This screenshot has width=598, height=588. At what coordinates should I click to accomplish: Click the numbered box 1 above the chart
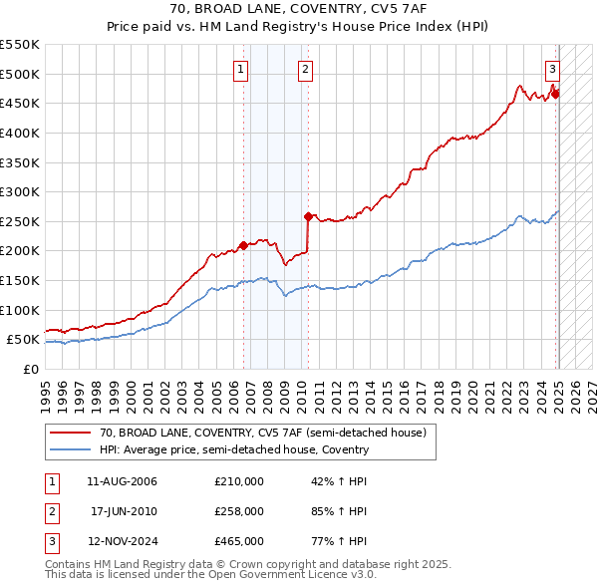[x=242, y=69]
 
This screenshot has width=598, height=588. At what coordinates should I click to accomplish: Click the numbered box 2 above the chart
[x=304, y=69]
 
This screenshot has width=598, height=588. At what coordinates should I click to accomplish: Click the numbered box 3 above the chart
[x=552, y=69]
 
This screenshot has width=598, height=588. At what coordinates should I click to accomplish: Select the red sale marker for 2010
[x=308, y=215]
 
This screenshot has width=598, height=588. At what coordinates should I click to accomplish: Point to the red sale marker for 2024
[x=555, y=94]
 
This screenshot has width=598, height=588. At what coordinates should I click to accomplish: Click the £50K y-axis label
[x=23, y=340]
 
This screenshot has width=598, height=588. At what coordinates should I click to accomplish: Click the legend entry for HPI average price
[x=234, y=449]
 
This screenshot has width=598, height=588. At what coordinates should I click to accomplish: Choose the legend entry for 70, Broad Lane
[x=263, y=433]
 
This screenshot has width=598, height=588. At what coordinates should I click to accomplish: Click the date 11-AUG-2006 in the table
[x=123, y=481]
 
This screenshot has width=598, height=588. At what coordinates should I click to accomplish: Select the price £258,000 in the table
[x=239, y=511]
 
